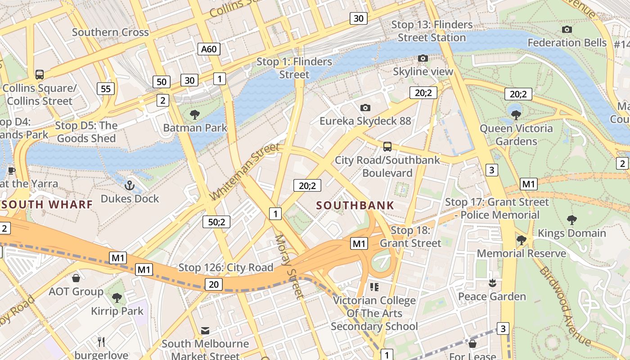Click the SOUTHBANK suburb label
(x=355, y=206)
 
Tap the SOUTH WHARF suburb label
(x=47, y=204)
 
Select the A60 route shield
(x=209, y=49)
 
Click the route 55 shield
(x=106, y=89)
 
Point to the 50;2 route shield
(x=216, y=221)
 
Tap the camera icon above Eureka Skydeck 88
(x=365, y=108)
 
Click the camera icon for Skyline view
(x=423, y=58)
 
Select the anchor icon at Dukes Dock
(x=130, y=185)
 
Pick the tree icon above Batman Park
(x=195, y=115)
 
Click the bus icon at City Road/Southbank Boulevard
(x=387, y=146)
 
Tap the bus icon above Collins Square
(x=40, y=75)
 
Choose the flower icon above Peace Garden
(x=492, y=283)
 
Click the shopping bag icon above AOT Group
(x=76, y=278)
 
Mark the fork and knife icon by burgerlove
(x=101, y=342)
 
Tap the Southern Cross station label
(x=110, y=32)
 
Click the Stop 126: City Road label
(x=226, y=268)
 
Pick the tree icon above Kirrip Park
(x=117, y=297)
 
